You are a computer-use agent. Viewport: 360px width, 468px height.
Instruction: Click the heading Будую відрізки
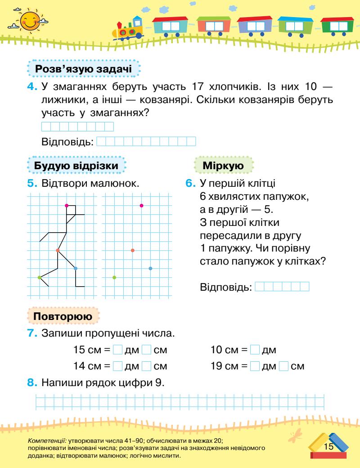(x=76, y=166)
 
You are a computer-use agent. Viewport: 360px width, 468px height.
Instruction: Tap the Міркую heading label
(x=224, y=166)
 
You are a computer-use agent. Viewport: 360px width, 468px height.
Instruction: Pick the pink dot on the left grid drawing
(x=67, y=205)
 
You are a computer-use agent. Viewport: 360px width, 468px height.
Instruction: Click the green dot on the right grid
(x=114, y=278)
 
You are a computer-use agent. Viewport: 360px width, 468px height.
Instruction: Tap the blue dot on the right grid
(x=150, y=268)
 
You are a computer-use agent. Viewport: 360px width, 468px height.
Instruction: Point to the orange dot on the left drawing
(x=58, y=250)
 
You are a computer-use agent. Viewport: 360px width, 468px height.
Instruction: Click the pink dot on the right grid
(x=141, y=205)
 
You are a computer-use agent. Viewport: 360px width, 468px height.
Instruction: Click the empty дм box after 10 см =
(x=255, y=350)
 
